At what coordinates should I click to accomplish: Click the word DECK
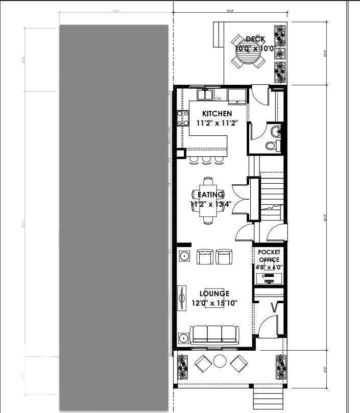[255, 39]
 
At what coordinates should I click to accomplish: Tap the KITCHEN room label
[217, 113]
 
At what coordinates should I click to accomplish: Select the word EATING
[210, 195]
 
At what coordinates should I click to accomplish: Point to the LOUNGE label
[214, 294]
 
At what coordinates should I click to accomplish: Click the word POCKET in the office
[269, 252]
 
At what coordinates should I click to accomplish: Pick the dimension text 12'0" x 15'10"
[214, 303]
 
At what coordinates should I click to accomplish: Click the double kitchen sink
[205, 94]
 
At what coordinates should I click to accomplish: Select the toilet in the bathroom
[272, 145]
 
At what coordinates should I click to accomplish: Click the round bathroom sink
[276, 131]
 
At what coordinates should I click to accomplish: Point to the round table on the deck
[248, 51]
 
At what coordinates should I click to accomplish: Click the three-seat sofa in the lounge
[214, 334]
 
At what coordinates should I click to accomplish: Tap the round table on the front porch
[220, 361]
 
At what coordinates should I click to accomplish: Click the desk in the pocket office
[269, 279]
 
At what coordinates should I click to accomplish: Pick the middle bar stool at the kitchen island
[206, 160]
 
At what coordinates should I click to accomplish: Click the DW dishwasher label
[218, 99]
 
